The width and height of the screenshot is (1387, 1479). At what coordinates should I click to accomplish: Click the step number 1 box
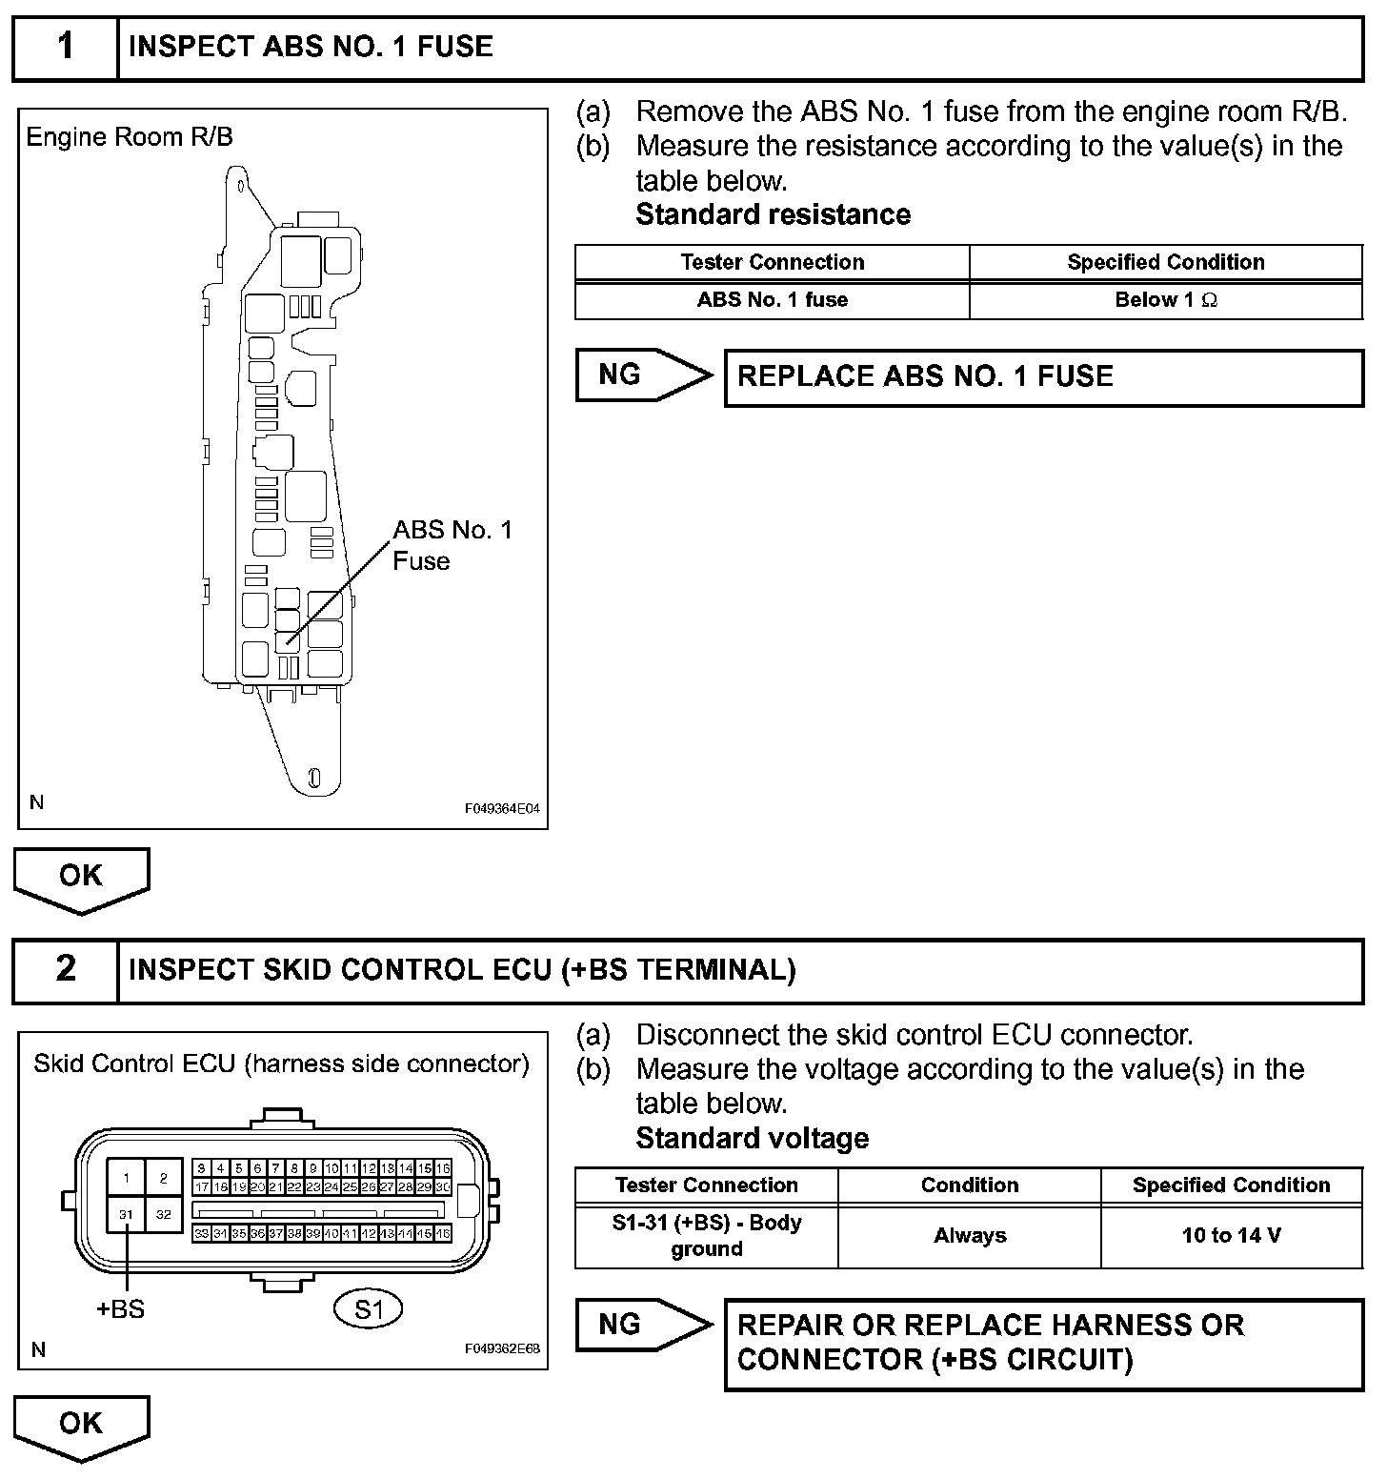tap(65, 48)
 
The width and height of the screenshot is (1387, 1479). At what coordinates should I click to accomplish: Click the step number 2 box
tap(65, 970)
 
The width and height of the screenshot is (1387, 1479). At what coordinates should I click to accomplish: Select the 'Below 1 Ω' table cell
tap(1165, 300)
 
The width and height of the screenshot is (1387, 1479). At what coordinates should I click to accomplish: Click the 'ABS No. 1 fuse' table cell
tap(772, 300)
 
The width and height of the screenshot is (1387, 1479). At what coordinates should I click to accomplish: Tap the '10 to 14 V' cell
tap(1231, 1236)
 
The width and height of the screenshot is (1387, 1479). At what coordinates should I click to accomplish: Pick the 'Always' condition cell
tap(969, 1236)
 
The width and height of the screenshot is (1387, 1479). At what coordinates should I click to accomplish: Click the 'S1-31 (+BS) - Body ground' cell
tap(706, 1236)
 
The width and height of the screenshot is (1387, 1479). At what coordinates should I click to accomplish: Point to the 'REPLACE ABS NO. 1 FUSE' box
tap(1043, 377)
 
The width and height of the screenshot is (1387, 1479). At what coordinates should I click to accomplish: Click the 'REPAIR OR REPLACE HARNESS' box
tap(1043, 1343)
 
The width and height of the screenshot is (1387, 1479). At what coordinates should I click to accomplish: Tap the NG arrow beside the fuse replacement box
tap(641, 375)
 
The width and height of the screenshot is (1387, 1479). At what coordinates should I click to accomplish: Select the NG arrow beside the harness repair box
tap(641, 1325)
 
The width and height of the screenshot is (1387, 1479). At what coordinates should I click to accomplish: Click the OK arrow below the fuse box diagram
tap(81, 878)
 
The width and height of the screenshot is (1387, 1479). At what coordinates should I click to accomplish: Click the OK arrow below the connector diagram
tap(81, 1426)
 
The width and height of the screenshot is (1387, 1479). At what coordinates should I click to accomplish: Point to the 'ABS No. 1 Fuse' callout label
tap(452, 545)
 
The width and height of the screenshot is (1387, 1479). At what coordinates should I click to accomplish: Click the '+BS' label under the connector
tap(121, 1309)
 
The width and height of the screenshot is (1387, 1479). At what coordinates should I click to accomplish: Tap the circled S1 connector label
tap(369, 1309)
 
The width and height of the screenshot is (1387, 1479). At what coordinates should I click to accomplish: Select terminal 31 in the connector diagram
tap(126, 1215)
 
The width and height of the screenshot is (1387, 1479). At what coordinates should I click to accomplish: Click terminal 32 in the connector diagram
tap(164, 1215)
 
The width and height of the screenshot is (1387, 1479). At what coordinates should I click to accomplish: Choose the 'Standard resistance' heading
tap(773, 215)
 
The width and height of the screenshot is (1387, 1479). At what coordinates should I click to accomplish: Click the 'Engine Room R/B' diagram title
tap(130, 137)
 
